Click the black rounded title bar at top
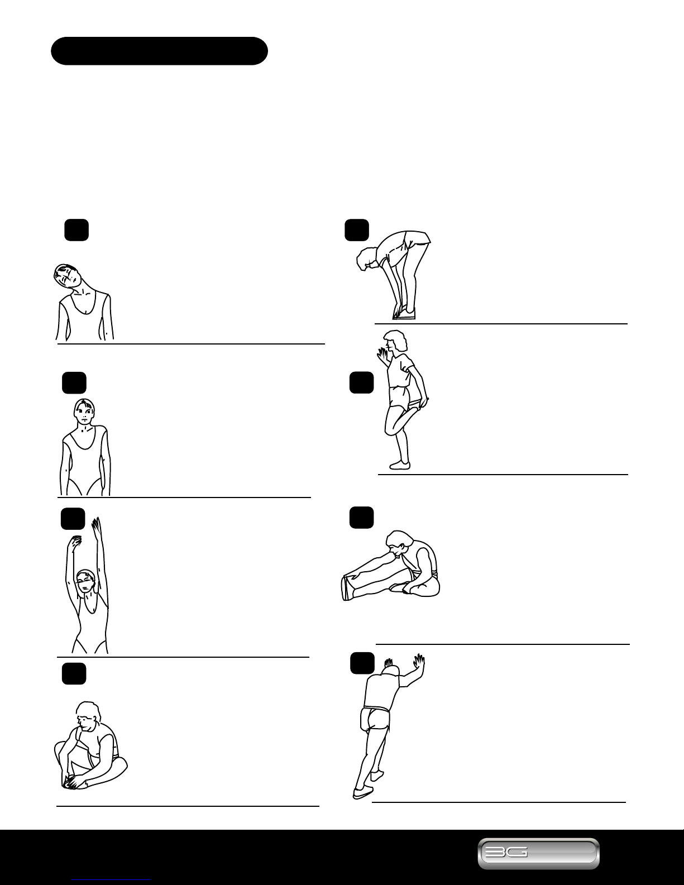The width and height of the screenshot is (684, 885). [x=159, y=51]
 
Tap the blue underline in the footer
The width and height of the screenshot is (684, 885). [x=111, y=879]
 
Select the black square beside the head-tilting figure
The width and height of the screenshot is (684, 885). [x=76, y=230]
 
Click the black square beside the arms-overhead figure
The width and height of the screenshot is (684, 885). [x=73, y=519]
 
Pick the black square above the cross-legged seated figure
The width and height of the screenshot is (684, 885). [x=74, y=673]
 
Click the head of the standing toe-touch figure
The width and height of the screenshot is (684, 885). [x=366, y=258]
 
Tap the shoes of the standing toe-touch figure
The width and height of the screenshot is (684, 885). [x=404, y=314]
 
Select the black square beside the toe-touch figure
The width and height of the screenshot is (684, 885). [x=357, y=230]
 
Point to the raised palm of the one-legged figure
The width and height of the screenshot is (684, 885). [x=382, y=355]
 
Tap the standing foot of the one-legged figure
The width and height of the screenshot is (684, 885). [x=399, y=465]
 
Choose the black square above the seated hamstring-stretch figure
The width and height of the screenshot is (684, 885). [x=362, y=518]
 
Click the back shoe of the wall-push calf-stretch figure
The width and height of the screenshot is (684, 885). [x=363, y=792]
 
